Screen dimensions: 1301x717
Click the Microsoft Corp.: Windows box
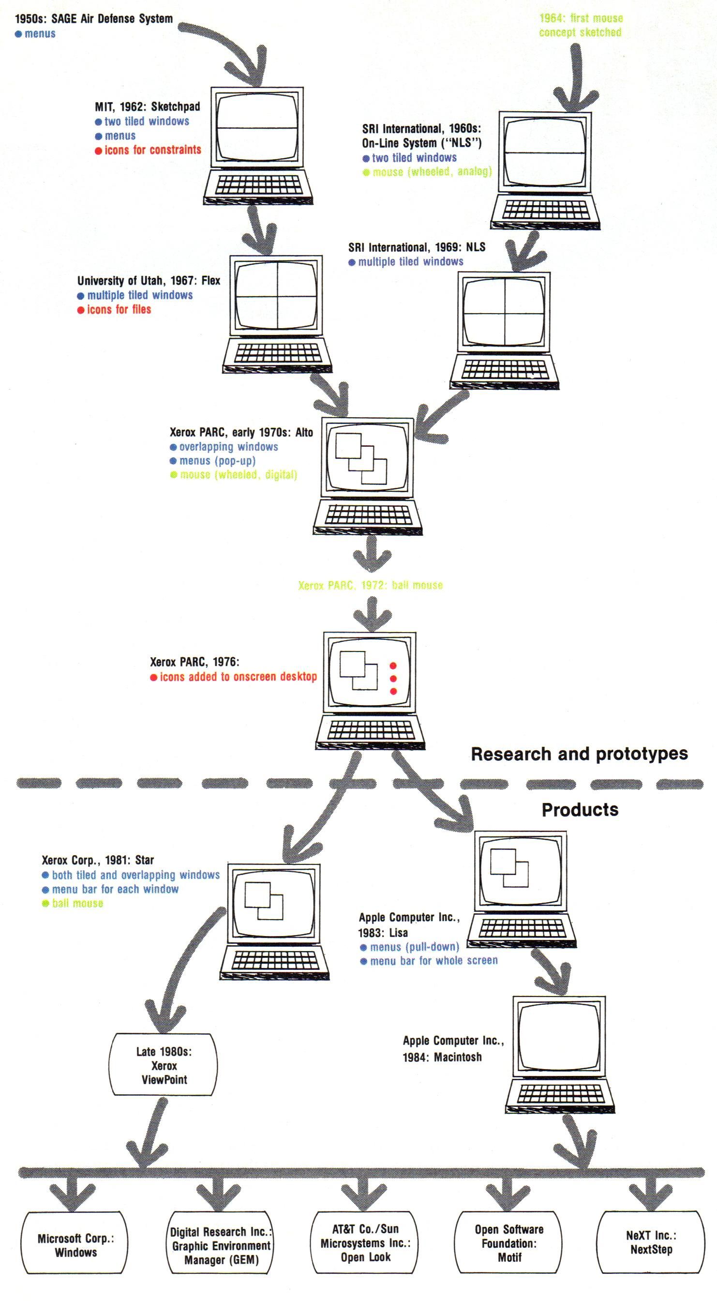click(x=75, y=1245)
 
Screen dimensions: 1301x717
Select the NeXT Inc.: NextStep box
click(x=651, y=1242)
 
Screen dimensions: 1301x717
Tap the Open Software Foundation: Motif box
click(x=509, y=1243)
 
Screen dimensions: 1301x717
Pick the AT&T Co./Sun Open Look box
click(x=365, y=1243)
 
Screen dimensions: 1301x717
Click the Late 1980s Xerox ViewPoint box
click(x=164, y=1066)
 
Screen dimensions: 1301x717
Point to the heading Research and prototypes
click(x=579, y=754)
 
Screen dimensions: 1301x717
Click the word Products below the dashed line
click(x=580, y=810)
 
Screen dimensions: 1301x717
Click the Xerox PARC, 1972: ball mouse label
click(x=370, y=585)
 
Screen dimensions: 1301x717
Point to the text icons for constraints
click(x=152, y=150)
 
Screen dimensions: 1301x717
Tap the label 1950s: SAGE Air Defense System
click(x=93, y=19)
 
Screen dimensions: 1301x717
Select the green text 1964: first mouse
click(x=581, y=19)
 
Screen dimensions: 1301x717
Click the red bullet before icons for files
click(x=81, y=310)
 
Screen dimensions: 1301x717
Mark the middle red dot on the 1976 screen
click(x=393, y=679)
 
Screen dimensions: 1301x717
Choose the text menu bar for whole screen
click(x=434, y=961)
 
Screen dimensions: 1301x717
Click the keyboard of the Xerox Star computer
click(x=275, y=961)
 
